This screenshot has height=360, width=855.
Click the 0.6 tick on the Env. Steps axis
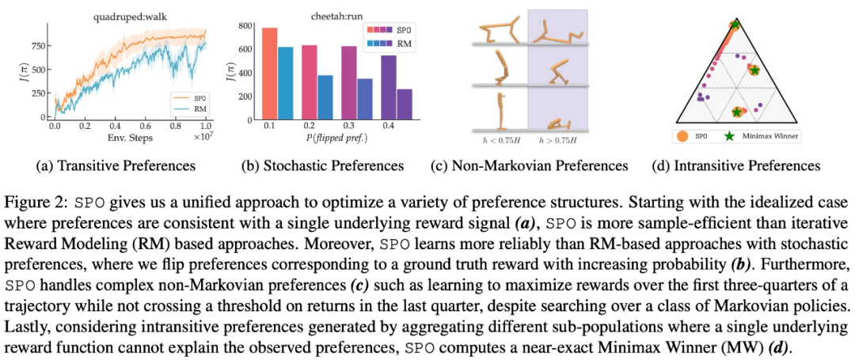coord(145,127)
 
